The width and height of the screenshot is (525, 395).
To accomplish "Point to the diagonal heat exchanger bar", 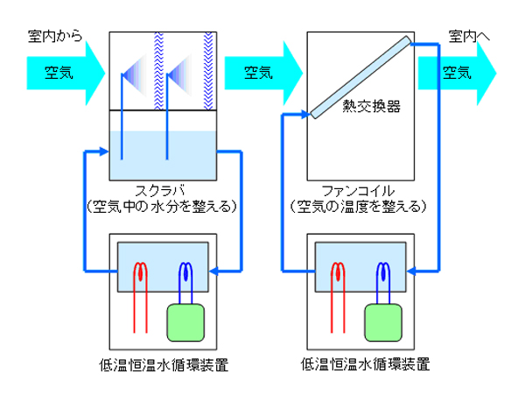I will [360, 75].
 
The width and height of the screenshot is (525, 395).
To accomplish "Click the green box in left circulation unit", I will [185, 322].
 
